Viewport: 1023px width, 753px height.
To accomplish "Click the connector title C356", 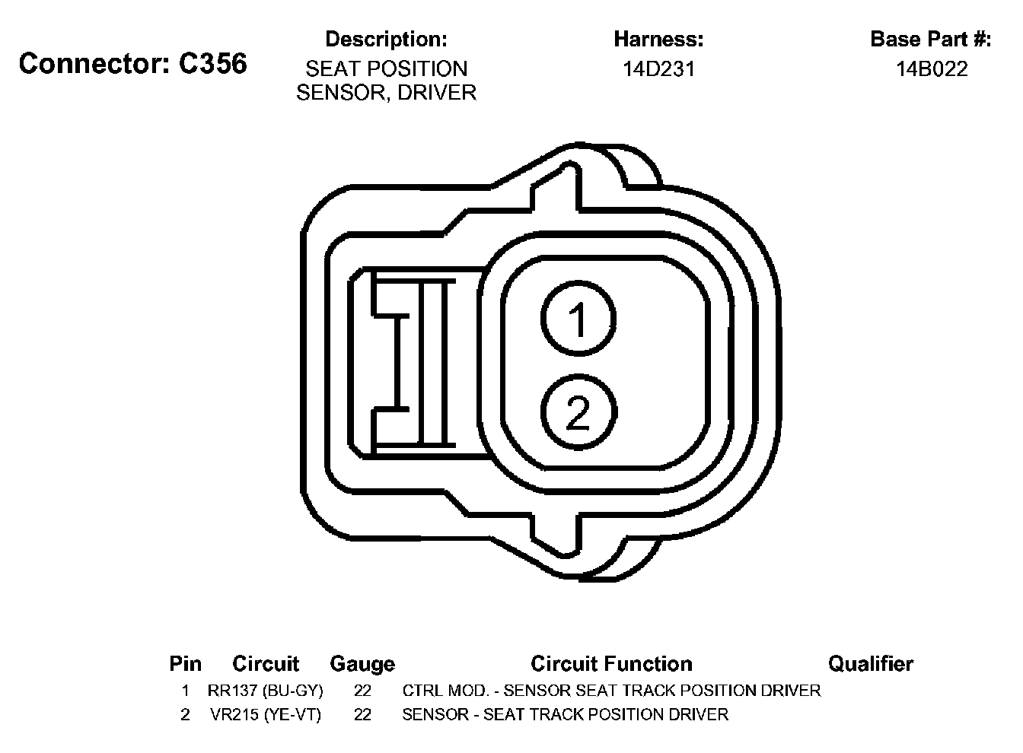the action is point(133,63).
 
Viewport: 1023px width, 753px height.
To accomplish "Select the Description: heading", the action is point(386,39).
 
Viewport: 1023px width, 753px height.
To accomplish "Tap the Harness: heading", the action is point(658,39).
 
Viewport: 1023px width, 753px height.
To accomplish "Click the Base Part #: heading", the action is point(930,39).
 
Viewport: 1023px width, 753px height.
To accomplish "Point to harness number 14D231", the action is point(658,69).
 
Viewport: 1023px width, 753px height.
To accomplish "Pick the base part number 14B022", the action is point(931,69).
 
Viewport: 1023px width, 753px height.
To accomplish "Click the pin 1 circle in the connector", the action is point(578,318).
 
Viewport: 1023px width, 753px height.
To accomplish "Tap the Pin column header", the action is point(185,664).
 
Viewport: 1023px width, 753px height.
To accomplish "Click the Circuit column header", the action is point(266,664).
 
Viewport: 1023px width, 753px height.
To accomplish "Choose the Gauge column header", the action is point(362,664).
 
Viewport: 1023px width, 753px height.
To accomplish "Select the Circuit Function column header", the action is point(611,664).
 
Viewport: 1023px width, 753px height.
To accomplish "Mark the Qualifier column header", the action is point(870,664).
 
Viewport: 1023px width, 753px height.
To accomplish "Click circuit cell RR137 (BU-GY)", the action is point(266,691).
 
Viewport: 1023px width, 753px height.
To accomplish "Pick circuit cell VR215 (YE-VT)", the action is point(266,715).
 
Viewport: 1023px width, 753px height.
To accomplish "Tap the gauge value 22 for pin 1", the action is point(362,691).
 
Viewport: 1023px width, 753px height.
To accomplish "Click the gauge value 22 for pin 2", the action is point(362,715).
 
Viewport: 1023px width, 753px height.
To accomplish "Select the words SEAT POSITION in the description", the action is point(386,69).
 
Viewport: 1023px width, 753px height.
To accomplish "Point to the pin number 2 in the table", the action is point(185,715).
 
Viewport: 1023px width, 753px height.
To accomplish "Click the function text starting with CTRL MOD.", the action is point(611,691).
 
